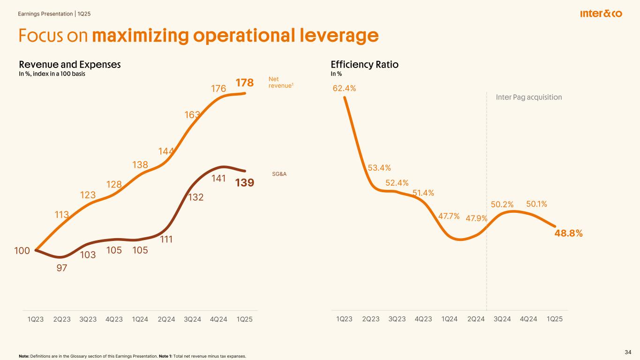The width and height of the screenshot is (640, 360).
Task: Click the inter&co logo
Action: point(601,14)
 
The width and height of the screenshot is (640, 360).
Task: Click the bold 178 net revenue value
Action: point(245,83)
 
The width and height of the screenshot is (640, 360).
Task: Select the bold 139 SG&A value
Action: point(245,182)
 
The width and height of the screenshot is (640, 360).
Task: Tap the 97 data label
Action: point(61,268)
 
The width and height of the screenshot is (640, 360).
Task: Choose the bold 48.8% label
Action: point(568,233)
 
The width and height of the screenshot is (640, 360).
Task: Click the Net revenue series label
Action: point(281,82)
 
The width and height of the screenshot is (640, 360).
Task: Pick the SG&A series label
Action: point(279,174)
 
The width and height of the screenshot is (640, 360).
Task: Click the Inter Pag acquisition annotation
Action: point(528,97)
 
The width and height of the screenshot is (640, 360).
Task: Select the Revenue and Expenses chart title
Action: point(69,65)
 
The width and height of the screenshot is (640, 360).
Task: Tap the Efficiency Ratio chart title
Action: point(365,65)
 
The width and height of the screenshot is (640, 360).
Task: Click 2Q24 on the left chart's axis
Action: point(166,319)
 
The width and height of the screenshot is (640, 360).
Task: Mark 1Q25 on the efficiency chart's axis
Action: point(555,319)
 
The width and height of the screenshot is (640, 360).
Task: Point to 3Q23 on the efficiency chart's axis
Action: point(397,319)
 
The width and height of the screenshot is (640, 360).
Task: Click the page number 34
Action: point(628,352)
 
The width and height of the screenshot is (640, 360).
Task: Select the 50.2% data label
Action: point(502,204)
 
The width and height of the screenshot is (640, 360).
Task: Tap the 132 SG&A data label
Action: point(196,198)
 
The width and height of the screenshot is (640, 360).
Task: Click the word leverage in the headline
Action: point(332,36)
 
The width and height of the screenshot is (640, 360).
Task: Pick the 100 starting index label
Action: point(22,251)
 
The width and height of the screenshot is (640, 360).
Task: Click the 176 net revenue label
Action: point(218,89)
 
